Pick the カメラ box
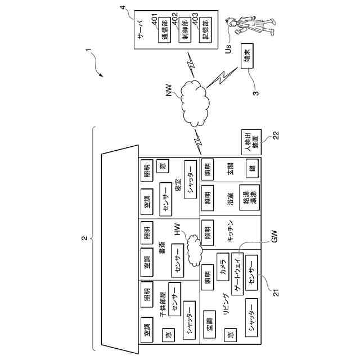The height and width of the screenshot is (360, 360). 223,265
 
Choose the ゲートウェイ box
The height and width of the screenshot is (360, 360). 237,274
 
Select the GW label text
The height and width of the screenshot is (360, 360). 275,238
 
